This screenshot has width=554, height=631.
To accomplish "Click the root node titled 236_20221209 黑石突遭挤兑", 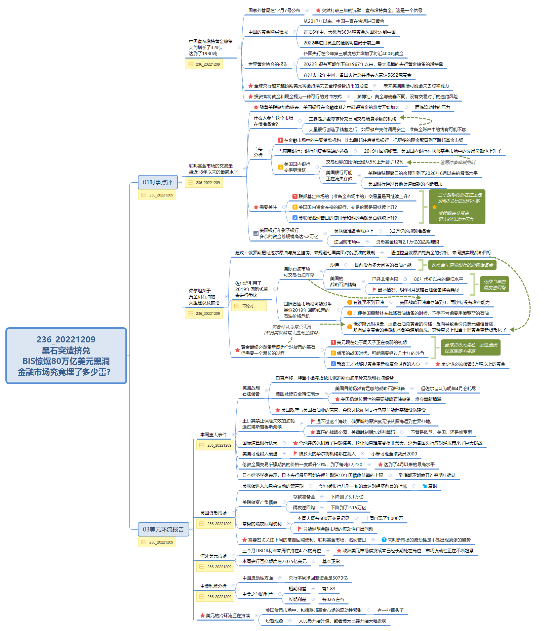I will click(66, 356).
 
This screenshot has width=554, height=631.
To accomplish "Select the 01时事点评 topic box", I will click(158, 182).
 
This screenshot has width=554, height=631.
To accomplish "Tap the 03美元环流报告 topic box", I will click(163, 529).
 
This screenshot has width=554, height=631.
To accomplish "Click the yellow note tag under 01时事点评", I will click(157, 195).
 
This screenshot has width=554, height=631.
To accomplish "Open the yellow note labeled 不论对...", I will click(249, 306).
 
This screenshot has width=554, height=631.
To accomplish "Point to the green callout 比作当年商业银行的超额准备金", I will click(462, 265).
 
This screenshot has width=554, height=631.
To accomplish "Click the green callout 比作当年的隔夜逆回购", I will click(494, 285).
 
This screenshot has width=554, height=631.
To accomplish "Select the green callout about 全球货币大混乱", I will click(471, 348).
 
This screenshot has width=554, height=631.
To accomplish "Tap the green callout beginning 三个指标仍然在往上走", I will click(457, 207).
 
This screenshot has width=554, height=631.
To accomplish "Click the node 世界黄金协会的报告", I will click(268, 64).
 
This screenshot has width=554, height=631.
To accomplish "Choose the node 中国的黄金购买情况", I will click(268, 32).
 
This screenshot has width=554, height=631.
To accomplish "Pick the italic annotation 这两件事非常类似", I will click(458, 162).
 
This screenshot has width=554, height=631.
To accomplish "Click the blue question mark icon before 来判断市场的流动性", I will click(384, 540).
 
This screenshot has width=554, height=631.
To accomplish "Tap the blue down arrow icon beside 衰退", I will click(425, 486).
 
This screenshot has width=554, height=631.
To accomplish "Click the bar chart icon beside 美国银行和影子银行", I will click(256, 233).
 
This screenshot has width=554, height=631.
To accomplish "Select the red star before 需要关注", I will click(256, 207).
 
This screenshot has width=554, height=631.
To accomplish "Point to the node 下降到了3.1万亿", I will click(347, 497).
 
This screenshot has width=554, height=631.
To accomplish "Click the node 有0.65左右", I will click(333, 599).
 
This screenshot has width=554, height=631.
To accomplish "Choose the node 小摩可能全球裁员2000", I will click(394, 454).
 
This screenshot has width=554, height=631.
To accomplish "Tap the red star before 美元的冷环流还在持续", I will click(202, 616).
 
